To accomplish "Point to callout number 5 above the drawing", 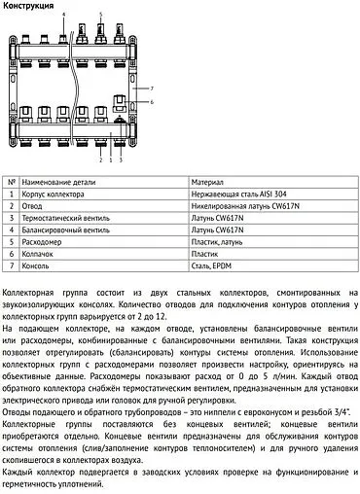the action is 99,17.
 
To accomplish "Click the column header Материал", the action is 207,182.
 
